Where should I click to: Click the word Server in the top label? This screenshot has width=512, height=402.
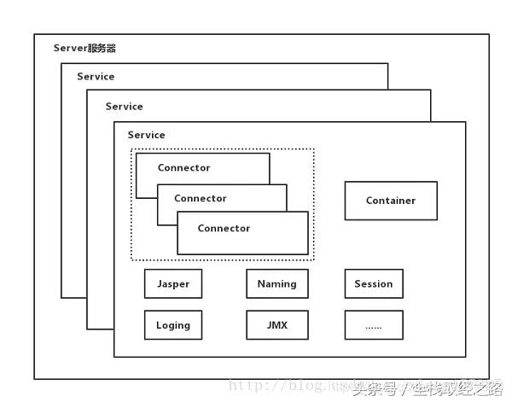pos(69,48)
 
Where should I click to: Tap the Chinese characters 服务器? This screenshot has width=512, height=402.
pos(102,48)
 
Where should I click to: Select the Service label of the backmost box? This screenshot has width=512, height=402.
pos(96,76)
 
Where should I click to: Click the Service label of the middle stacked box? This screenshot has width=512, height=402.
pos(124,107)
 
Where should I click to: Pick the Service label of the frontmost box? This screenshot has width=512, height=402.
pos(146,135)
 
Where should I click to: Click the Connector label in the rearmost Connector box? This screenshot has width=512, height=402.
pos(183,168)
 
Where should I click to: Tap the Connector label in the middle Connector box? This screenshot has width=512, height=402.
pos(201,198)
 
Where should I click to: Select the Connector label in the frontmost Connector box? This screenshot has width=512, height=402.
pos(224,228)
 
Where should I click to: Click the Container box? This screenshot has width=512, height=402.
pos(391,201)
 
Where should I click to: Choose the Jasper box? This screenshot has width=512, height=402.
pos(173,283)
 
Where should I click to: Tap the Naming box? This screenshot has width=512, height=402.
pos(276,283)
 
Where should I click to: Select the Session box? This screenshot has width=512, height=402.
pos(374,283)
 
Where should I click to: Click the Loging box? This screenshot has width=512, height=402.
pos(173,325)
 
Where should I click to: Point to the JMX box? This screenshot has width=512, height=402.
pos(276,325)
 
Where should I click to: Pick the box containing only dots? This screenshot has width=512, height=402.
pos(374,325)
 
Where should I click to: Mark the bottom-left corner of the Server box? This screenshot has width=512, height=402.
pos(35,378)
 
